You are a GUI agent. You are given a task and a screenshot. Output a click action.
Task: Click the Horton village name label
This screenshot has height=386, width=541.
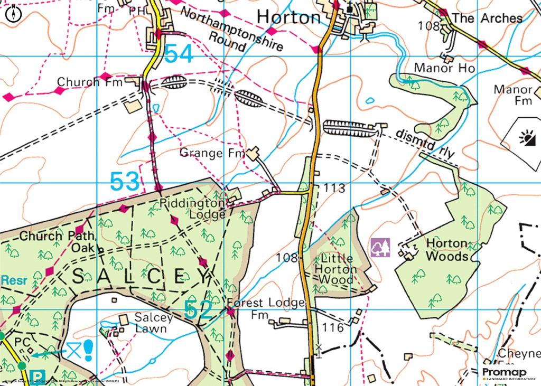(x=288, y=17)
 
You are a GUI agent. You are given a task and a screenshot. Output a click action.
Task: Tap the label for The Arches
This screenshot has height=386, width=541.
(x=487, y=18)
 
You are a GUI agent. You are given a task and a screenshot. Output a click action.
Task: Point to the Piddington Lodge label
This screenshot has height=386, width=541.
(x=193, y=208)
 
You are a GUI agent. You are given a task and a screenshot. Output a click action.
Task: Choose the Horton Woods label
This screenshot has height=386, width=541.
(x=447, y=250)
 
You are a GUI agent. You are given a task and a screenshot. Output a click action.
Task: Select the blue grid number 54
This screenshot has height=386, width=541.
(x=179, y=54)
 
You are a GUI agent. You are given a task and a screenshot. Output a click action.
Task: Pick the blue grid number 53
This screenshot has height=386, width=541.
(x=126, y=182)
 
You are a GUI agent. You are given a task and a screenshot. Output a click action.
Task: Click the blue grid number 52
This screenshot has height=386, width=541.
(x=199, y=310)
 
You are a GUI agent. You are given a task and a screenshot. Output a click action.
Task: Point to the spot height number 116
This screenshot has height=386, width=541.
(x=333, y=328)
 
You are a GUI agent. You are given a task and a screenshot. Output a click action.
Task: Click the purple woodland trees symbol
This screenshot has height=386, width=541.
(x=380, y=248)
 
